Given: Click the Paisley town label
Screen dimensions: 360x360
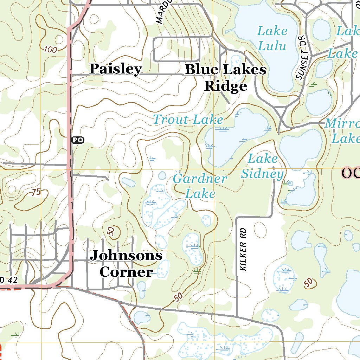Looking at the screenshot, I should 115,69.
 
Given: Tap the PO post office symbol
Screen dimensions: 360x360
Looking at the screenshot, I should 78,140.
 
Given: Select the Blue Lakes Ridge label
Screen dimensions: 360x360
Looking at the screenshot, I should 225,78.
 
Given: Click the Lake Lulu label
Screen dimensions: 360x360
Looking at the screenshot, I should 272,38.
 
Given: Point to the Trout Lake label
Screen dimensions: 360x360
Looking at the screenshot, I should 188,120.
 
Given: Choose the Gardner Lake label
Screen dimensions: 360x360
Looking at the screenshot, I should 200,186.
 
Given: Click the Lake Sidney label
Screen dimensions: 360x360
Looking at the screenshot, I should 263,166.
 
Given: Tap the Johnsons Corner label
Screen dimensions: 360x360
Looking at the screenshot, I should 126,263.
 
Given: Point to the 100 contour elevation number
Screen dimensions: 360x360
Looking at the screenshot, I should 50,50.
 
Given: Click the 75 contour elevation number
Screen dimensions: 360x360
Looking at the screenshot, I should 36,192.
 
